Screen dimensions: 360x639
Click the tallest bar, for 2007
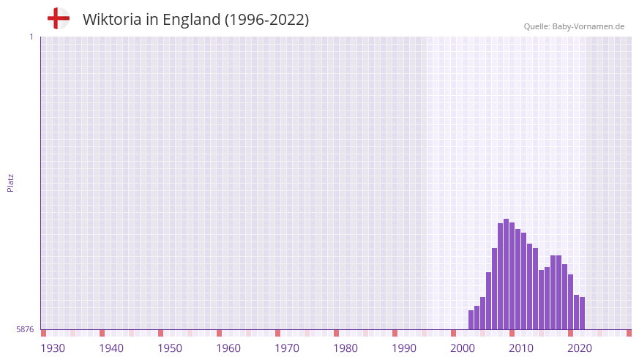pos(506,274)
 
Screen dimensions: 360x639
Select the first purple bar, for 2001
pos(471,320)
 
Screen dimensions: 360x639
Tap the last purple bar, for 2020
pos(582,313)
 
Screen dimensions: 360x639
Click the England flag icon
pos(58,19)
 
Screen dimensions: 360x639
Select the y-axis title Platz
pos(10,183)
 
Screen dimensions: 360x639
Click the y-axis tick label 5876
pos(25,330)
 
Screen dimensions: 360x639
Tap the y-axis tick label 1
pos(31,37)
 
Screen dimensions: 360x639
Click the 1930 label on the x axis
pos(53,348)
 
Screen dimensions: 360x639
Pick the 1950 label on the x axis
pos(170,348)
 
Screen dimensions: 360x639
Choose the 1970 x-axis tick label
pos(287,348)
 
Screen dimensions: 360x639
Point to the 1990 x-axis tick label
pos(404,348)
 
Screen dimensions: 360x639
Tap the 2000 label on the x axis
pos(463,348)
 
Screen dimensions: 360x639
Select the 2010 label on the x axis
pos(521,348)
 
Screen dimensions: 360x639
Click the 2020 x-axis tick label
pos(580,348)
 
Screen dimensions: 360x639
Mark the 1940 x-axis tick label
pos(111,348)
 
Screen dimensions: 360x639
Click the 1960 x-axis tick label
pos(228,348)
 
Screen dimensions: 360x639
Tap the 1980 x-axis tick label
pos(345,348)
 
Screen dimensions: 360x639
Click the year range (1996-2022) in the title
pos(266,20)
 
